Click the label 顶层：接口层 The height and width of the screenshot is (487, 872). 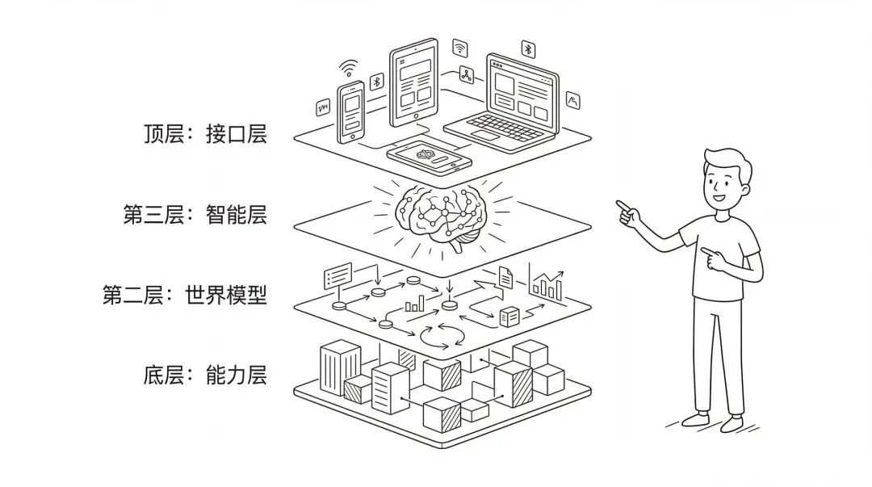pos(203,134)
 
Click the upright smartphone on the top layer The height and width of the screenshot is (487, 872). pos(351,111)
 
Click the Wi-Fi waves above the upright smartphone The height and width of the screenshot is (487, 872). pos(348,68)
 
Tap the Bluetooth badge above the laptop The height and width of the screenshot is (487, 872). pos(528,49)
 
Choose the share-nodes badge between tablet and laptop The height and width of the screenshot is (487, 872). pos(466,76)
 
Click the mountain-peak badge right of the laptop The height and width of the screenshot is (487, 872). pos(573,101)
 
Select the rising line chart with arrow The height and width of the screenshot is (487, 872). pos(548,283)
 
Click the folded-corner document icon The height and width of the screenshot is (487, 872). pos(505,277)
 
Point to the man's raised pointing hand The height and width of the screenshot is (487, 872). pos(625,210)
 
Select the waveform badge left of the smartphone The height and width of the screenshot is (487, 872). pos(323,108)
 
